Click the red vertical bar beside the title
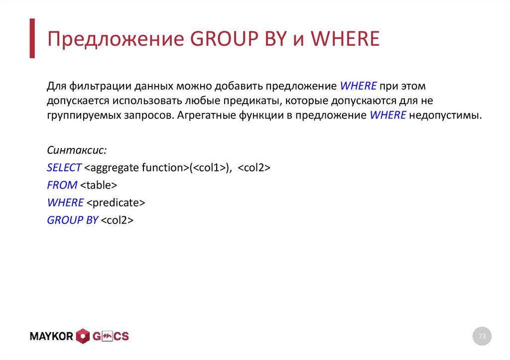click(32, 38)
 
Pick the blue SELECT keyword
click(64, 168)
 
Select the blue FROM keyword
click(62, 185)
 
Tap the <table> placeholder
click(98, 185)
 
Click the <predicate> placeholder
click(115, 203)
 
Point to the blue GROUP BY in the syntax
click(72, 220)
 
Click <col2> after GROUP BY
click(117, 220)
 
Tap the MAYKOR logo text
click(51, 337)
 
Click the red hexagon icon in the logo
click(83, 337)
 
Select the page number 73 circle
click(482, 337)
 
